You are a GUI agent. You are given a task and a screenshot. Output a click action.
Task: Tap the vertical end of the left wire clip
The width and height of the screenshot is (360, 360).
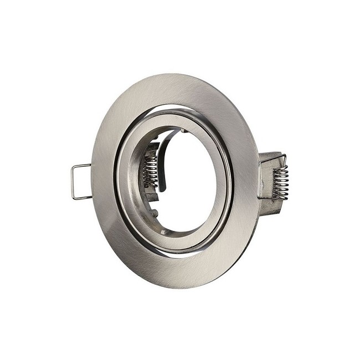pyautogui.click(x=74, y=181)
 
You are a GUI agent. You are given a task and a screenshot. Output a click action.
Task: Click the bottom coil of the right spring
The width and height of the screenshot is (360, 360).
pyautogui.click(x=279, y=193)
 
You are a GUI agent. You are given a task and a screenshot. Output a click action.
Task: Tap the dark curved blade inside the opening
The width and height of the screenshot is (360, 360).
pyautogui.click(x=162, y=161)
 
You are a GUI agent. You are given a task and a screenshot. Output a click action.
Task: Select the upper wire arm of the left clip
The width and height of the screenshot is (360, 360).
pyautogui.click(x=83, y=166)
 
